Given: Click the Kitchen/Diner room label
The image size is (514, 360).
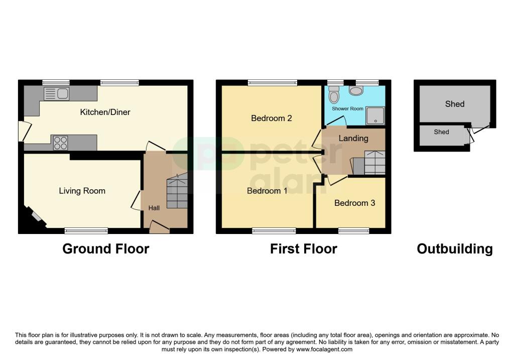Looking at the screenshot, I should coord(105,112).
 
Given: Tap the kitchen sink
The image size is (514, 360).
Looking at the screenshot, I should coord(56,93).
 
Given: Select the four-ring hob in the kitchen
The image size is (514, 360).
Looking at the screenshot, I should coord(61,143).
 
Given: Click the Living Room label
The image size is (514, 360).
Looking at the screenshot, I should coord(82,191).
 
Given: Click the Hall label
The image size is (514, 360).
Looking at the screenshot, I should coord(154,208).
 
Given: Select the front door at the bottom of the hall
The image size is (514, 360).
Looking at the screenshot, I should coord(159,229).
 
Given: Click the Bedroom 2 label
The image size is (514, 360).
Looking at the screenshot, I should coord(272,118).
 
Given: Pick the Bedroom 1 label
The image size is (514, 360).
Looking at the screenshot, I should coord(267,191).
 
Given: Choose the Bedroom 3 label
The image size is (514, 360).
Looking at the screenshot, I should coord(354,203).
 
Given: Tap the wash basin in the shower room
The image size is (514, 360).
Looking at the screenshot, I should coord(357,90).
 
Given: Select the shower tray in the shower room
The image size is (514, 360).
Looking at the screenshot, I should coord(376,115).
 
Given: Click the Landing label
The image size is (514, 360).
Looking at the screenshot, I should coord(353,138).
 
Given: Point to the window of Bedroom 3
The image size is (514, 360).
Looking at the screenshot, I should coord(354,230).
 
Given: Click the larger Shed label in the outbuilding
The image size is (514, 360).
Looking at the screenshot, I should coord(455,104).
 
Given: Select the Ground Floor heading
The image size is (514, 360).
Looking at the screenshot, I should coord(105,249).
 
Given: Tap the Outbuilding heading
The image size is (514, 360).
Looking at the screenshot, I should coord(454,249).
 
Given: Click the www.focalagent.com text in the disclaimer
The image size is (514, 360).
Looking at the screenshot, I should coord(324,349).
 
